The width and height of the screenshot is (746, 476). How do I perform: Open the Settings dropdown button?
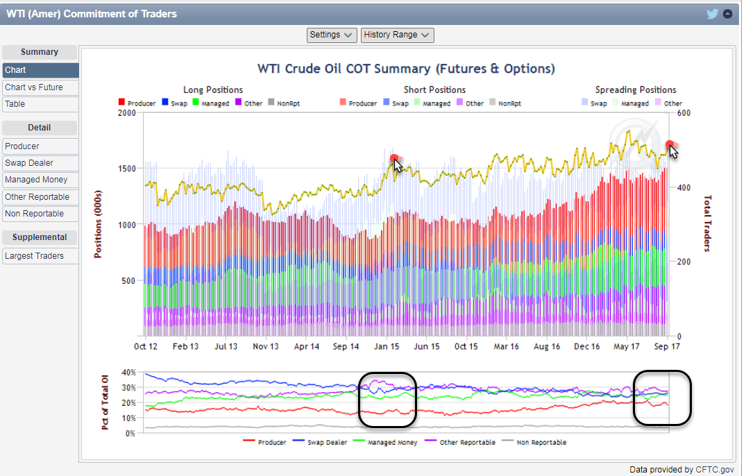332,35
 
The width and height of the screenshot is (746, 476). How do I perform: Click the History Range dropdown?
397,35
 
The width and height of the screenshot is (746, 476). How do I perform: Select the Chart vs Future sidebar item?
33,87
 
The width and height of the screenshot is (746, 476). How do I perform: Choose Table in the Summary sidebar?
15,104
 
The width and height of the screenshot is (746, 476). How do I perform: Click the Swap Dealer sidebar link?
29,163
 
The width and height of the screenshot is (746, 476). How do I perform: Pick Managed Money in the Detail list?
36,180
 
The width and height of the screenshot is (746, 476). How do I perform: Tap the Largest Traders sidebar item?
34,256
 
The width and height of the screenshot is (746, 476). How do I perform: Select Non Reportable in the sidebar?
34,214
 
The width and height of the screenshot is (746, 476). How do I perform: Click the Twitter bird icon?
712,14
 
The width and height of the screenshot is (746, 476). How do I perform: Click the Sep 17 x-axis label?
667,347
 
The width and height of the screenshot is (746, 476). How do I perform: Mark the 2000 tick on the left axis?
127,112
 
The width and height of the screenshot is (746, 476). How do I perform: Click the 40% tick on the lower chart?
128,373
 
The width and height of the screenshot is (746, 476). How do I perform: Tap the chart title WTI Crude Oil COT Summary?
406,69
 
